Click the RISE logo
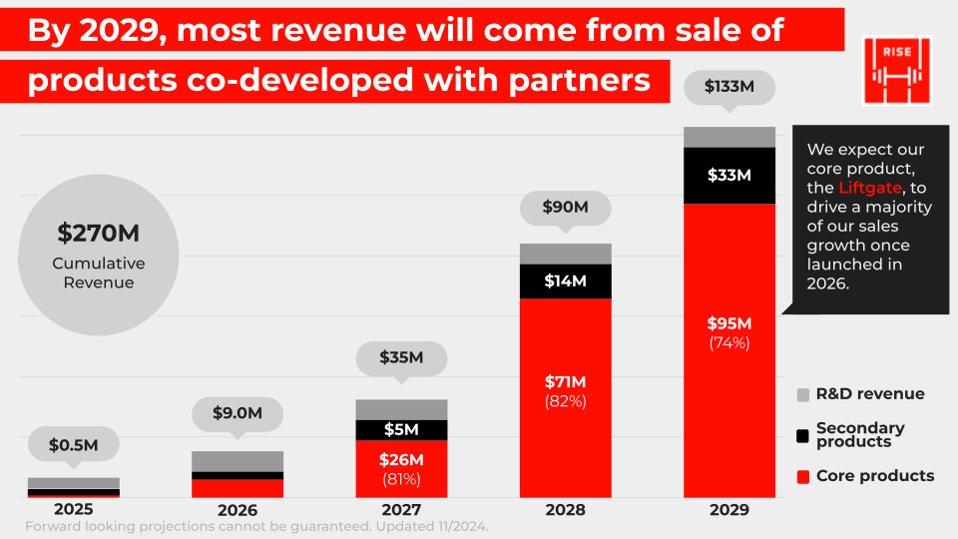click(x=896, y=70)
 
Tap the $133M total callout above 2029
click(x=728, y=87)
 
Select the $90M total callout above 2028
click(x=565, y=208)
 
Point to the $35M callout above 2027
click(x=401, y=356)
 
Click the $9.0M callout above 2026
click(x=238, y=412)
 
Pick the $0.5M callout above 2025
click(x=74, y=445)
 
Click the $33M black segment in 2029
click(x=728, y=175)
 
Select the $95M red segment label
click(x=728, y=323)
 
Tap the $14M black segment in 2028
click(x=565, y=281)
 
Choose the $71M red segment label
click(x=565, y=381)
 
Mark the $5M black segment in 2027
click(x=401, y=430)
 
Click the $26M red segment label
click(x=401, y=460)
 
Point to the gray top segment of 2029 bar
click(x=728, y=137)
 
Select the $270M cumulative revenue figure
click(x=97, y=234)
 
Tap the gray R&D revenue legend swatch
click(x=803, y=394)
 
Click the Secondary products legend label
click(x=860, y=434)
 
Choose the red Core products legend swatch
click(x=803, y=476)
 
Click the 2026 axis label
click(x=238, y=509)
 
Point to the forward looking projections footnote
click(x=256, y=526)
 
